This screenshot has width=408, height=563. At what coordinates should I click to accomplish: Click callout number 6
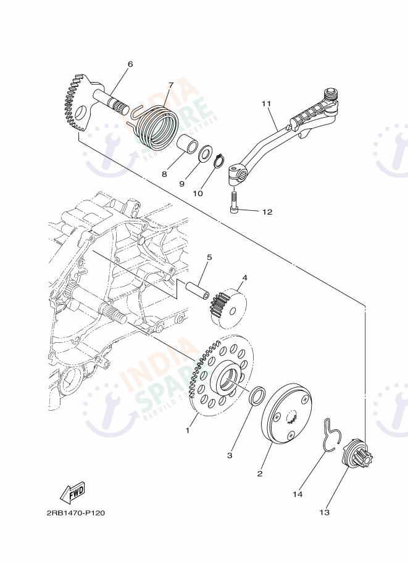(130, 64)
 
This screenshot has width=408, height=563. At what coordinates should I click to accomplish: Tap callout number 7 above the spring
(171, 85)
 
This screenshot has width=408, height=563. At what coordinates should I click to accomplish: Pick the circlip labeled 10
(219, 162)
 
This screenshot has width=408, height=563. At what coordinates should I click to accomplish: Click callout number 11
(267, 104)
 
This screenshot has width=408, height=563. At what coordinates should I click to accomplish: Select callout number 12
(267, 212)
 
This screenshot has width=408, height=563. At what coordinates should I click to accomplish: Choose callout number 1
(188, 430)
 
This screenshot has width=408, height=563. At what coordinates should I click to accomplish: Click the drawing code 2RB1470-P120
(72, 512)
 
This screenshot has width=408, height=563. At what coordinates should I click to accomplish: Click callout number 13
(324, 512)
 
